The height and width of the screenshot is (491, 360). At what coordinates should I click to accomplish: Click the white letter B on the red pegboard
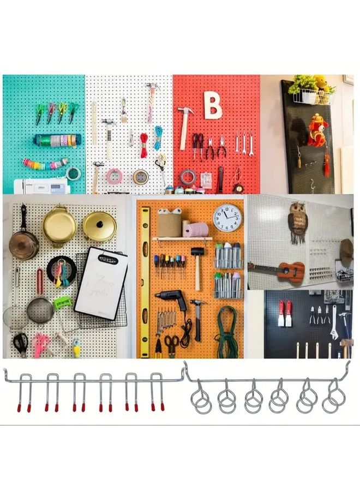(213, 106)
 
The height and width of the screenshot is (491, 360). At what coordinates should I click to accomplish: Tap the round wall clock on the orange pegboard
(227, 218)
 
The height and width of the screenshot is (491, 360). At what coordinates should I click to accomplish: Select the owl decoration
(298, 221)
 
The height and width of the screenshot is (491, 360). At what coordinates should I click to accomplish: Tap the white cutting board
(101, 282)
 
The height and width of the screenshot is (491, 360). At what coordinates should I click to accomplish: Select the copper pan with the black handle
(24, 240)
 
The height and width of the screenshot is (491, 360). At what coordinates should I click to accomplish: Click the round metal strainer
(40, 309)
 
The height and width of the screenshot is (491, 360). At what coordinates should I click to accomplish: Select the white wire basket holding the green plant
(313, 97)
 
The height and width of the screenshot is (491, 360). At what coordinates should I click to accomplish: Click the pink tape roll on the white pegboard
(114, 176)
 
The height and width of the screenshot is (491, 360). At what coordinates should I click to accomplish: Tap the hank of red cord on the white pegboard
(144, 145)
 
